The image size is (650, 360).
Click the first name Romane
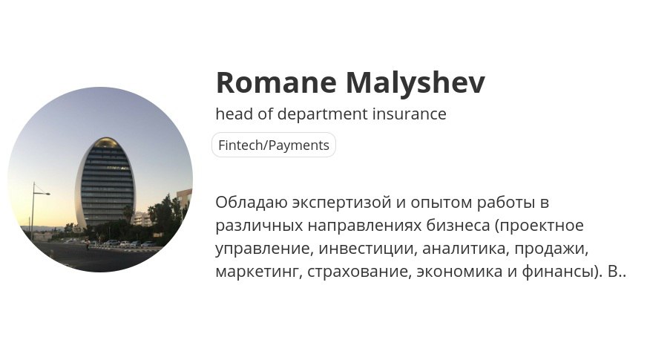[x=276, y=82]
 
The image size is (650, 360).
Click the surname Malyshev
[x=416, y=84]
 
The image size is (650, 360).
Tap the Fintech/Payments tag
[x=274, y=145]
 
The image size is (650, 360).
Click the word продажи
[x=551, y=249]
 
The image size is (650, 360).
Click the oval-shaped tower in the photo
[x=105, y=183]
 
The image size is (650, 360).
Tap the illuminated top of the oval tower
[x=105, y=143]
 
